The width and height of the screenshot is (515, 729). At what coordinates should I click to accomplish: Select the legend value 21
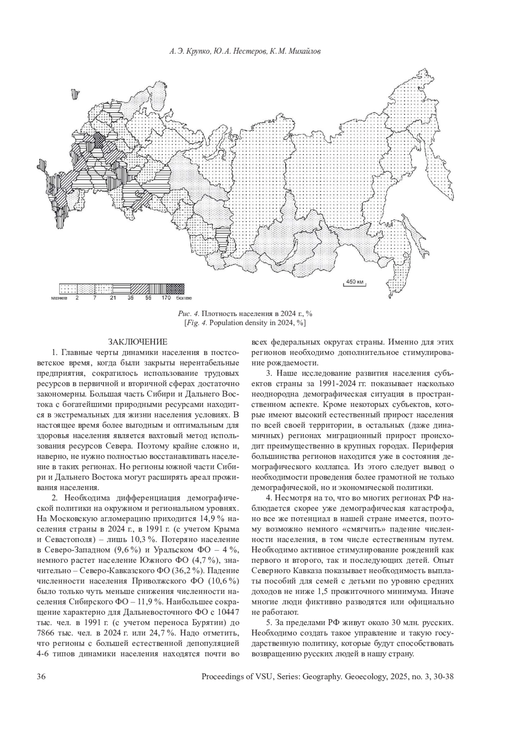[x=112, y=298]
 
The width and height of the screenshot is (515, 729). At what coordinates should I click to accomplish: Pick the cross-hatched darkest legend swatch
[x=175, y=288]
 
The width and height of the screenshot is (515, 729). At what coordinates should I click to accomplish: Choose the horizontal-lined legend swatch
[x=122, y=288]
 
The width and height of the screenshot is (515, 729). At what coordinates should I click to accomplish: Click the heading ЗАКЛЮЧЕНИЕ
[x=137, y=342]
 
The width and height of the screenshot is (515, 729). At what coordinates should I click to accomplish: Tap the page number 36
[x=42, y=677]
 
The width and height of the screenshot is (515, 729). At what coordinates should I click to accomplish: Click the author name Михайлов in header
[x=306, y=52]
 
